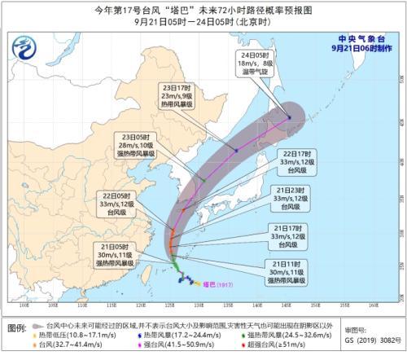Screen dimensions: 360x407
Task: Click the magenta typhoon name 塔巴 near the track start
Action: tap(209, 283)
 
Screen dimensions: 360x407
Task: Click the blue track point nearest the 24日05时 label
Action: tap(289, 118)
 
